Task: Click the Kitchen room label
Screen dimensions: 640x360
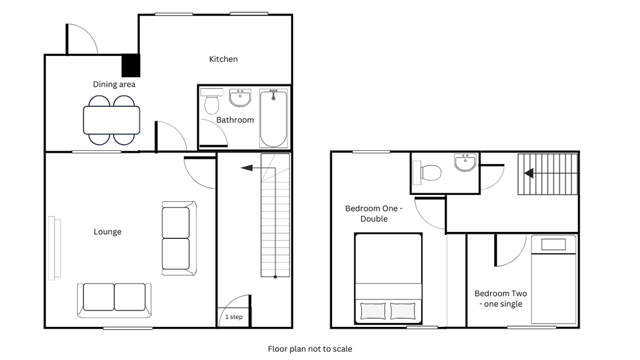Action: [223, 59]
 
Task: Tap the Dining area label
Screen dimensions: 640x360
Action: [114, 85]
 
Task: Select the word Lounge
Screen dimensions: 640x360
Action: [108, 232]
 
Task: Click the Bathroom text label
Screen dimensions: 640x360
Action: [235, 120]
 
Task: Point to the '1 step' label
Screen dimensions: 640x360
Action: [234, 317]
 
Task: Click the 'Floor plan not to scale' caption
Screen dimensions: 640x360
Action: [310, 349]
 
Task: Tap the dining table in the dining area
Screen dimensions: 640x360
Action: [111, 120]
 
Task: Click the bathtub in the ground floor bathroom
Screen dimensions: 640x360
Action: [274, 118]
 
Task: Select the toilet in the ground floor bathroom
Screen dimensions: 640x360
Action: [212, 101]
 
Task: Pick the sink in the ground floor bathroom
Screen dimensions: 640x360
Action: [240, 98]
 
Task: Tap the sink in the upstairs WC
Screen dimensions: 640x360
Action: [465, 162]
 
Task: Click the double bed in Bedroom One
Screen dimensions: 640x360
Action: [388, 278]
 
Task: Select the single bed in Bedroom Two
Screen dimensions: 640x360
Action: [554, 279]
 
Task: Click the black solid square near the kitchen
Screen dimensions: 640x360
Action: [131, 66]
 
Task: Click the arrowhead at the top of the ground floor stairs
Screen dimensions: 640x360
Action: [246, 168]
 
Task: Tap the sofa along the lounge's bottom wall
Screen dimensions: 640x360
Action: [114, 301]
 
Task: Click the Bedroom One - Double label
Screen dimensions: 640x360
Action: [374, 214]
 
